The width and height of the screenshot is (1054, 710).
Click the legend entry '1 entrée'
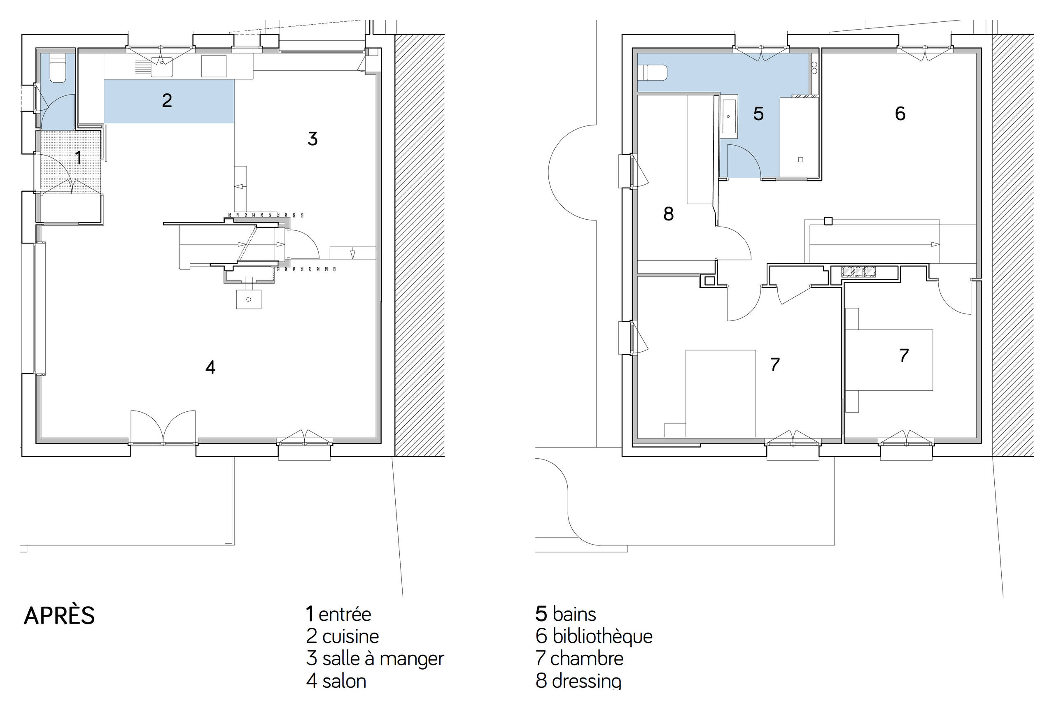[338, 615]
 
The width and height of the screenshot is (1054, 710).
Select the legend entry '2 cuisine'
[343, 636]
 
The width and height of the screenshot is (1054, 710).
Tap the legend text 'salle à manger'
[383, 659]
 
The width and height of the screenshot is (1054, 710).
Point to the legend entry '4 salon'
[336, 680]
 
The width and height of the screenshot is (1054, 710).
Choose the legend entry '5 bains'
[566, 614]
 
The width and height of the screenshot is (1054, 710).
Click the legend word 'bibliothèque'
[603, 637]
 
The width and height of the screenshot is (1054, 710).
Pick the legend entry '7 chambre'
[580, 659]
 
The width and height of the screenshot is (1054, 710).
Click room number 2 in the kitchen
[167, 100]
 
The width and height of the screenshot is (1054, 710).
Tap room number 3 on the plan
[312, 139]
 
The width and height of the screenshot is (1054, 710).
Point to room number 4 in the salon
[210, 367]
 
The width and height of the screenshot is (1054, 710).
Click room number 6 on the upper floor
[900, 113]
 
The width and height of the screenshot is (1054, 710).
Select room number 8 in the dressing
[668, 214]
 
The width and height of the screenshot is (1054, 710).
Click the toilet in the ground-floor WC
[58, 68]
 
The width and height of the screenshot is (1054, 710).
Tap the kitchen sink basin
[162, 67]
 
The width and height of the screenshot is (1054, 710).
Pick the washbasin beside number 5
[729, 116]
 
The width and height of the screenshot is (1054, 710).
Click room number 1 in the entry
[78, 158]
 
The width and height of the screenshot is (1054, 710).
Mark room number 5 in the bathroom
[758, 114]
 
